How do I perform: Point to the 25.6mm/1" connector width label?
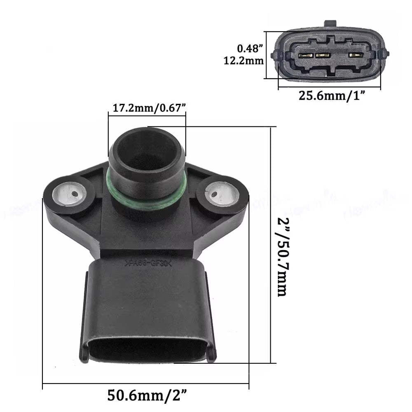(332, 96)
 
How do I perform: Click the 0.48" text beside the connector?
(250, 48)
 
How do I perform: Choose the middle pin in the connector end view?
(323, 55)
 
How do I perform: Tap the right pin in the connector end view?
(353, 55)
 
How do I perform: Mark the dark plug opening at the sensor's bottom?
(147, 351)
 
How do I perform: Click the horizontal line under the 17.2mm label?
(147, 116)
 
